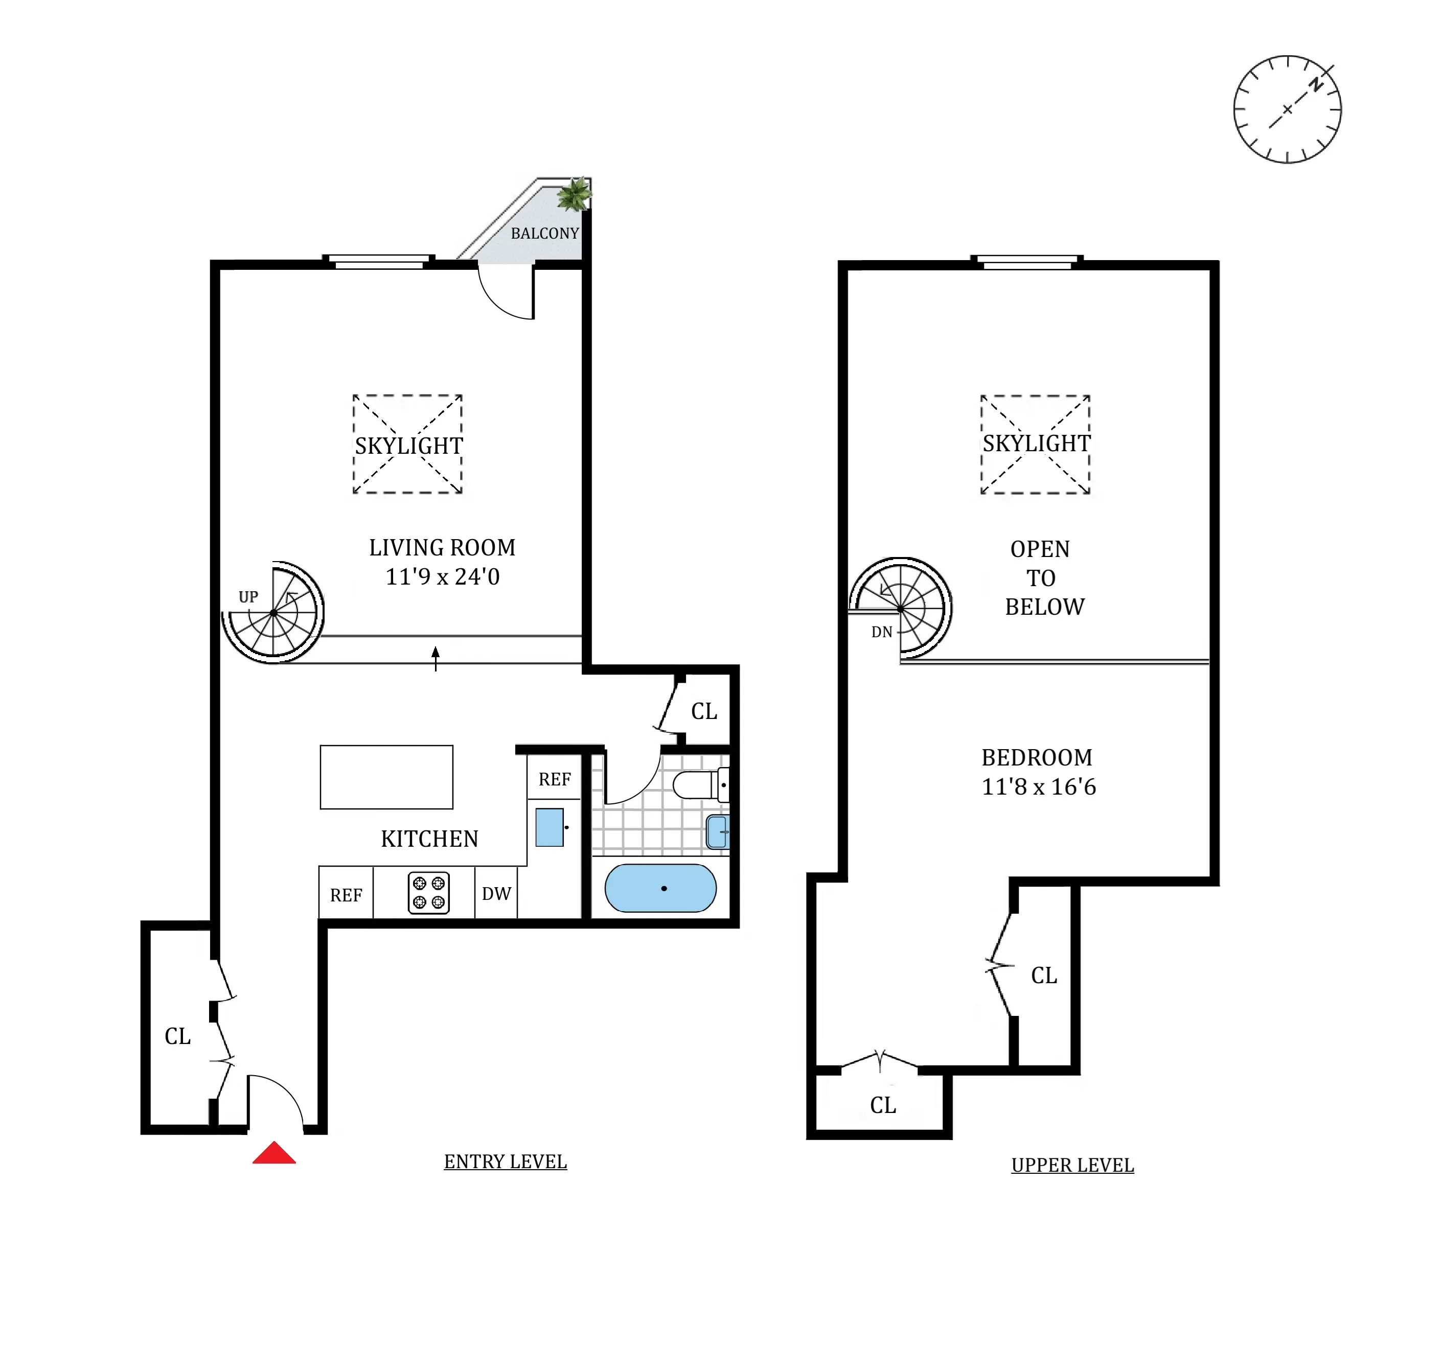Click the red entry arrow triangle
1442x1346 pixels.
pos(274,1153)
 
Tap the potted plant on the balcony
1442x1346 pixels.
pos(575,194)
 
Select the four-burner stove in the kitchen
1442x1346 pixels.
pos(429,893)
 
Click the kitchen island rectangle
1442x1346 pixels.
pos(386,777)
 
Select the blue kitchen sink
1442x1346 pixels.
pos(549,827)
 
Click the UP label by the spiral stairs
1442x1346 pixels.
pos(248,597)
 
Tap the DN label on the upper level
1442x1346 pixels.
pos(881,633)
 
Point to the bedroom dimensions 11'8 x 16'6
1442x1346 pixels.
pos(1038,787)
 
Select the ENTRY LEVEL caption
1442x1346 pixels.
pos(505,1162)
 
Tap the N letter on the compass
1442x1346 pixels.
pos(1316,85)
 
